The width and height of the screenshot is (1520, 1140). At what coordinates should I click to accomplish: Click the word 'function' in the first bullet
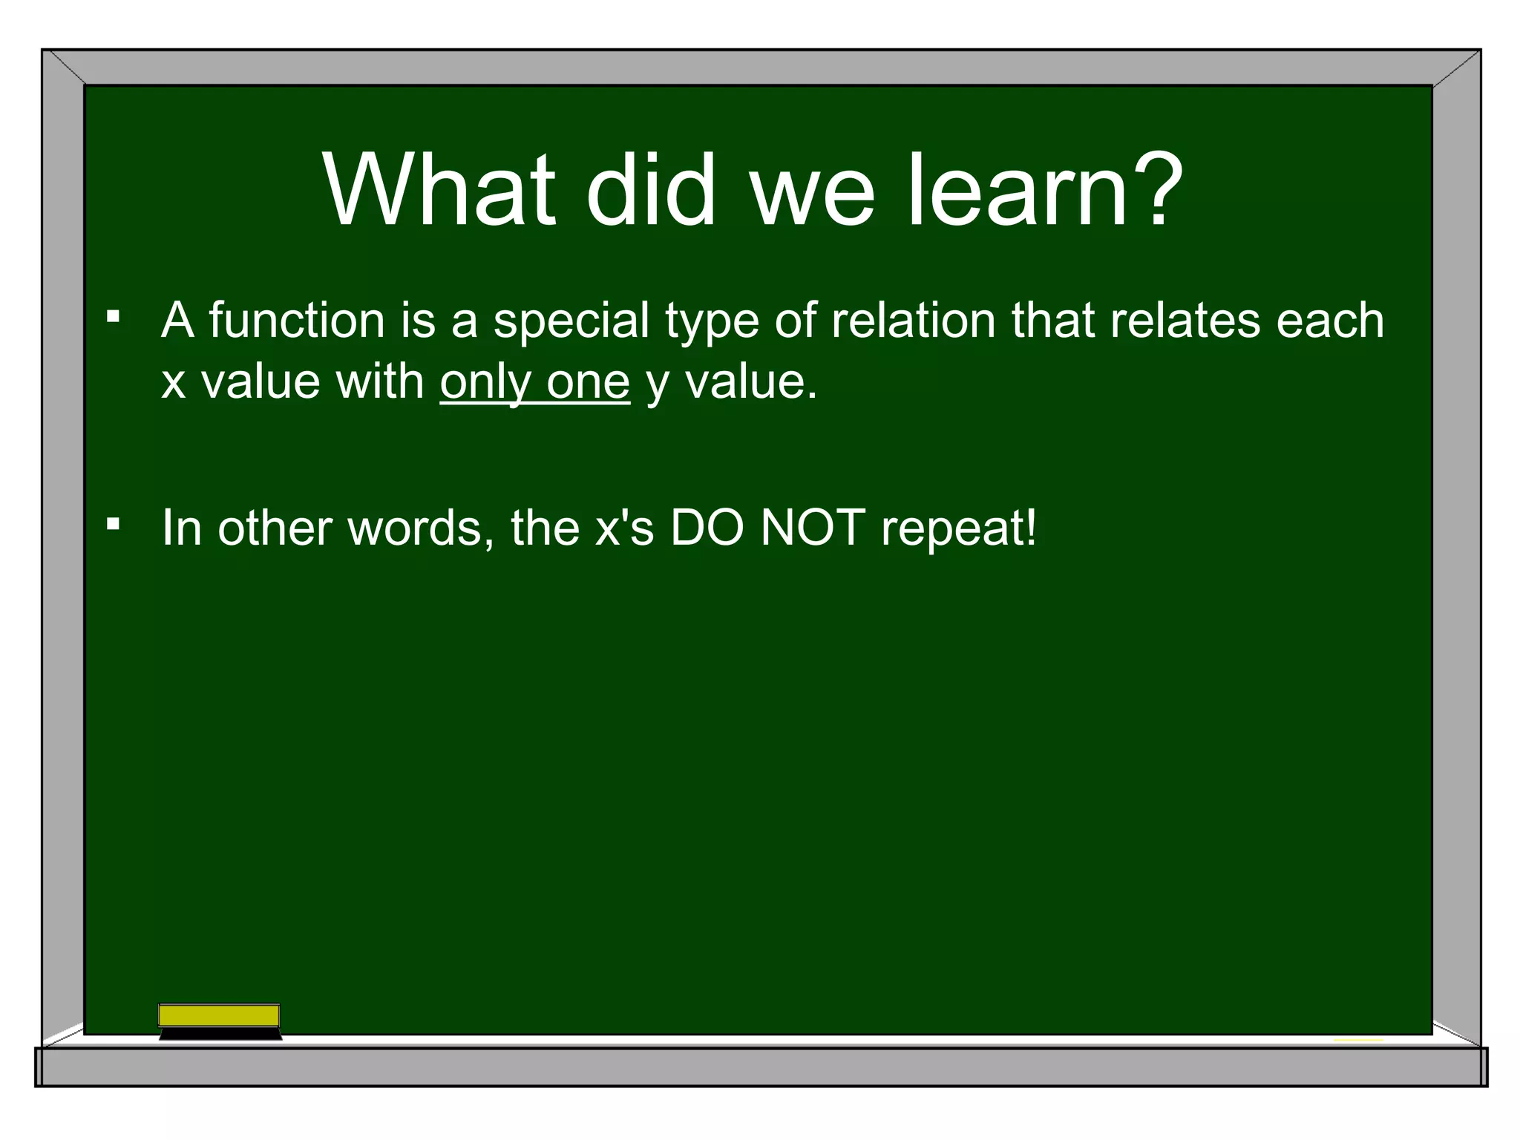(296, 321)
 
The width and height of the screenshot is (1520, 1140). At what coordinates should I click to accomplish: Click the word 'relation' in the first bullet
(912, 321)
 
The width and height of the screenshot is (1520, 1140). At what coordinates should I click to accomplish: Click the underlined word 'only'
(485, 383)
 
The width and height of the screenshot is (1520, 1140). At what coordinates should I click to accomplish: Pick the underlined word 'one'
(588, 383)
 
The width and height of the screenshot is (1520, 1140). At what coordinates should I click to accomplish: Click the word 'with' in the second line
(379, 381)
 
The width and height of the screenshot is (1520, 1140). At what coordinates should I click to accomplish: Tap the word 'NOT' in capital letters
(813, 528)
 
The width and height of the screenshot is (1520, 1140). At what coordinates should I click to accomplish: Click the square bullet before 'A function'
(113, 318)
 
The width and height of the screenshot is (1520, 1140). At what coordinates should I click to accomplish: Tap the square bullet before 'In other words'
(113, 525)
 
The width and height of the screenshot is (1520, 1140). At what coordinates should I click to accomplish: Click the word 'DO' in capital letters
(707, 528)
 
